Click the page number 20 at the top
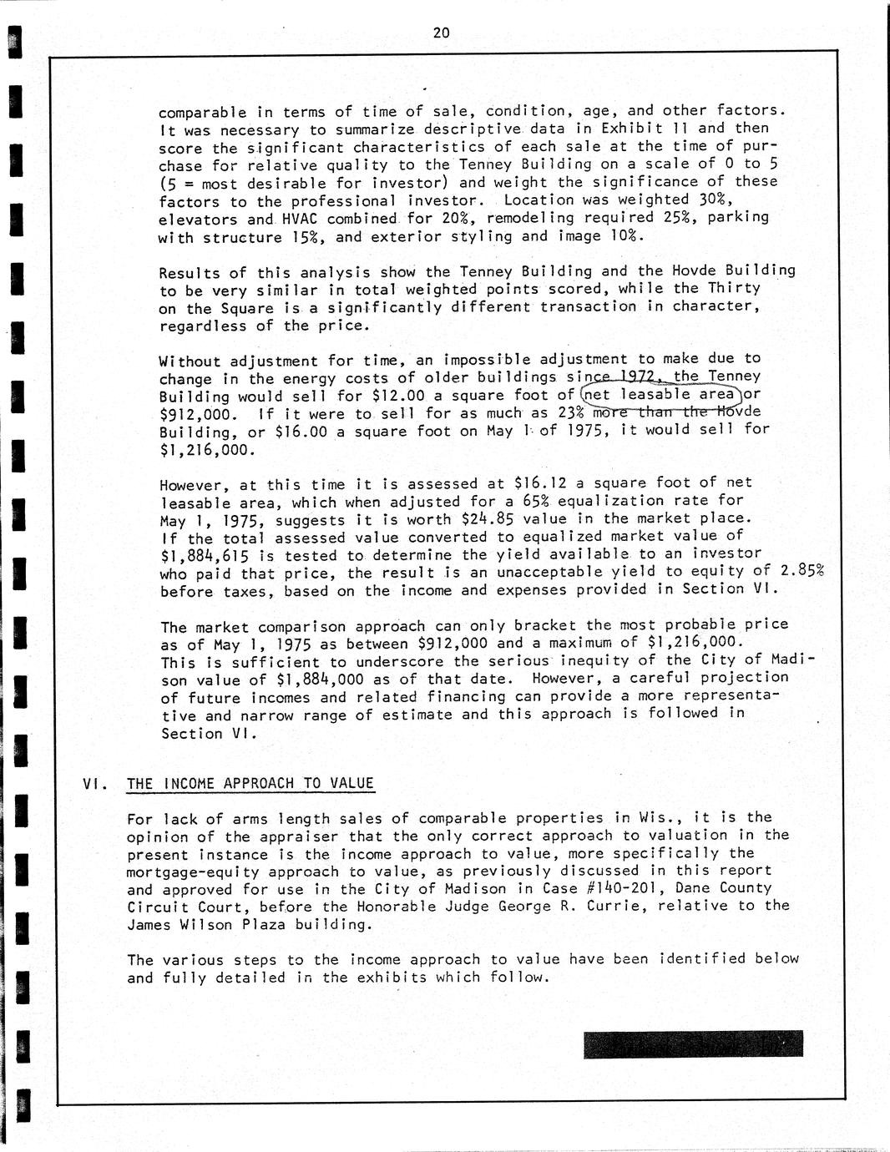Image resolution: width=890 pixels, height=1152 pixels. point(442,33)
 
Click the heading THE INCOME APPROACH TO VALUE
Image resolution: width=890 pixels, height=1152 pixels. point(250,783)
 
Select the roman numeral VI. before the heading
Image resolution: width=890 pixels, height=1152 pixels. point(94,783)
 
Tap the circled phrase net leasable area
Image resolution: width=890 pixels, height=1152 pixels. point(660,394)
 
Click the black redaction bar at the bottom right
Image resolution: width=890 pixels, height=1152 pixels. point(693,1044)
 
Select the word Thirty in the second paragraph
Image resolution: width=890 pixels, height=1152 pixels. point(734,288)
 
